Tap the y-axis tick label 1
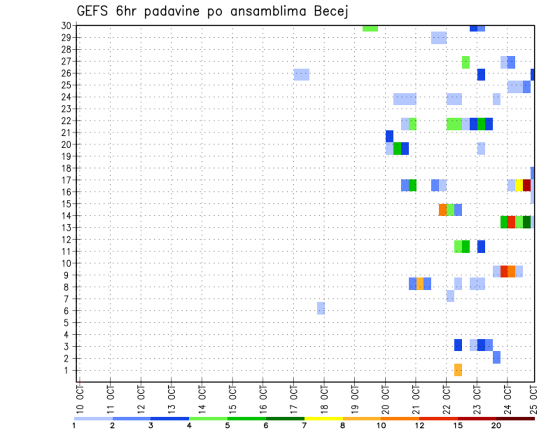[x=68, y=370]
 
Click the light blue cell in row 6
[x=321, y=308]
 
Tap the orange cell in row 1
[x=458, y=370]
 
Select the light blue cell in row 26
[x=302, y=75]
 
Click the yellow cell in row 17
[x=519, y=186]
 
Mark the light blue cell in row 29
[x=439, y=38]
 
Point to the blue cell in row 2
[x=496, y=357]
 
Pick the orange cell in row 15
[x=443, y=209]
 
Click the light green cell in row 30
[x=370, y=28]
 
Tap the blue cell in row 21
[x=389, y=136]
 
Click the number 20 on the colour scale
[x=496, y=425]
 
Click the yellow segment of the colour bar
[x=324, y=418]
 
